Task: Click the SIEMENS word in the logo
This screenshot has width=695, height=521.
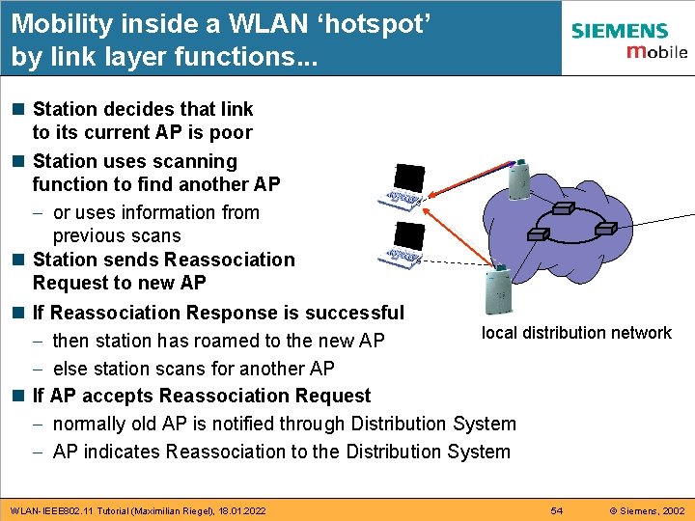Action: click(619, 32)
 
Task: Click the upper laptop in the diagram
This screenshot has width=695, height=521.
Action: click(404, 186)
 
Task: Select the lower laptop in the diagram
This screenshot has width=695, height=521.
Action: click(404, 244)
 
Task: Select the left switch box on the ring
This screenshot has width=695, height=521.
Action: click(539, 233)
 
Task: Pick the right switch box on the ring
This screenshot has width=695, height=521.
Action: click(604, 229)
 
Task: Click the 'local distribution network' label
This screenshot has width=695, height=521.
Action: click(576, 333)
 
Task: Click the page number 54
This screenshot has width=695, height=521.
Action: click(557, 509)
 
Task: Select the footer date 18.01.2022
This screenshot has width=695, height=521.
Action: click(239, 509)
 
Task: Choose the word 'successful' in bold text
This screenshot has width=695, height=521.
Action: click(354, 313)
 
